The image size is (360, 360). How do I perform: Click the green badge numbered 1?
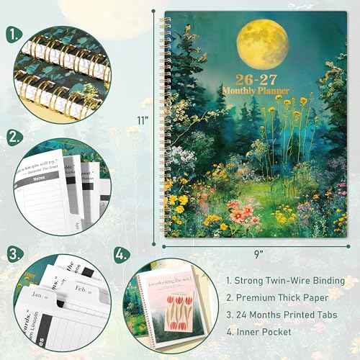point(14,34)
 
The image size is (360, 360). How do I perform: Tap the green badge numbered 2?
point(14,136)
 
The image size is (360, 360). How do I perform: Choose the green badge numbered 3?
point(14,253)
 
